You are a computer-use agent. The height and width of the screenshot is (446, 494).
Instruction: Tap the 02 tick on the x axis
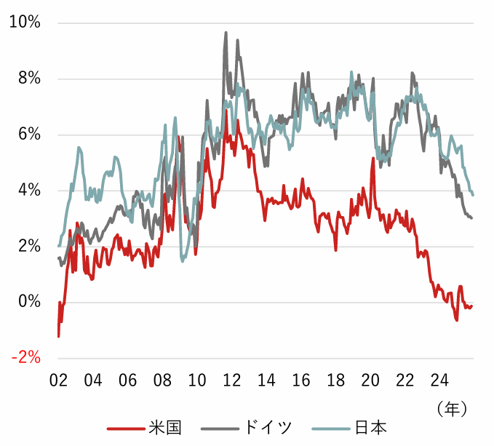coord(58,380)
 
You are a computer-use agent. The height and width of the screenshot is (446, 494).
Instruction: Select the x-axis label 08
coord(162,380)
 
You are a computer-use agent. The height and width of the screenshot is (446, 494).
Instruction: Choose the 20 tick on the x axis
coord(370,380)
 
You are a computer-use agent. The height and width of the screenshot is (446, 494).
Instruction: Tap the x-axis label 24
coord(439,380)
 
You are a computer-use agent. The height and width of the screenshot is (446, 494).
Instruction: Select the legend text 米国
coord(164,427)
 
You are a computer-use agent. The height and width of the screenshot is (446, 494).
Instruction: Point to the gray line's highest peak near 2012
coord(226,32)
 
